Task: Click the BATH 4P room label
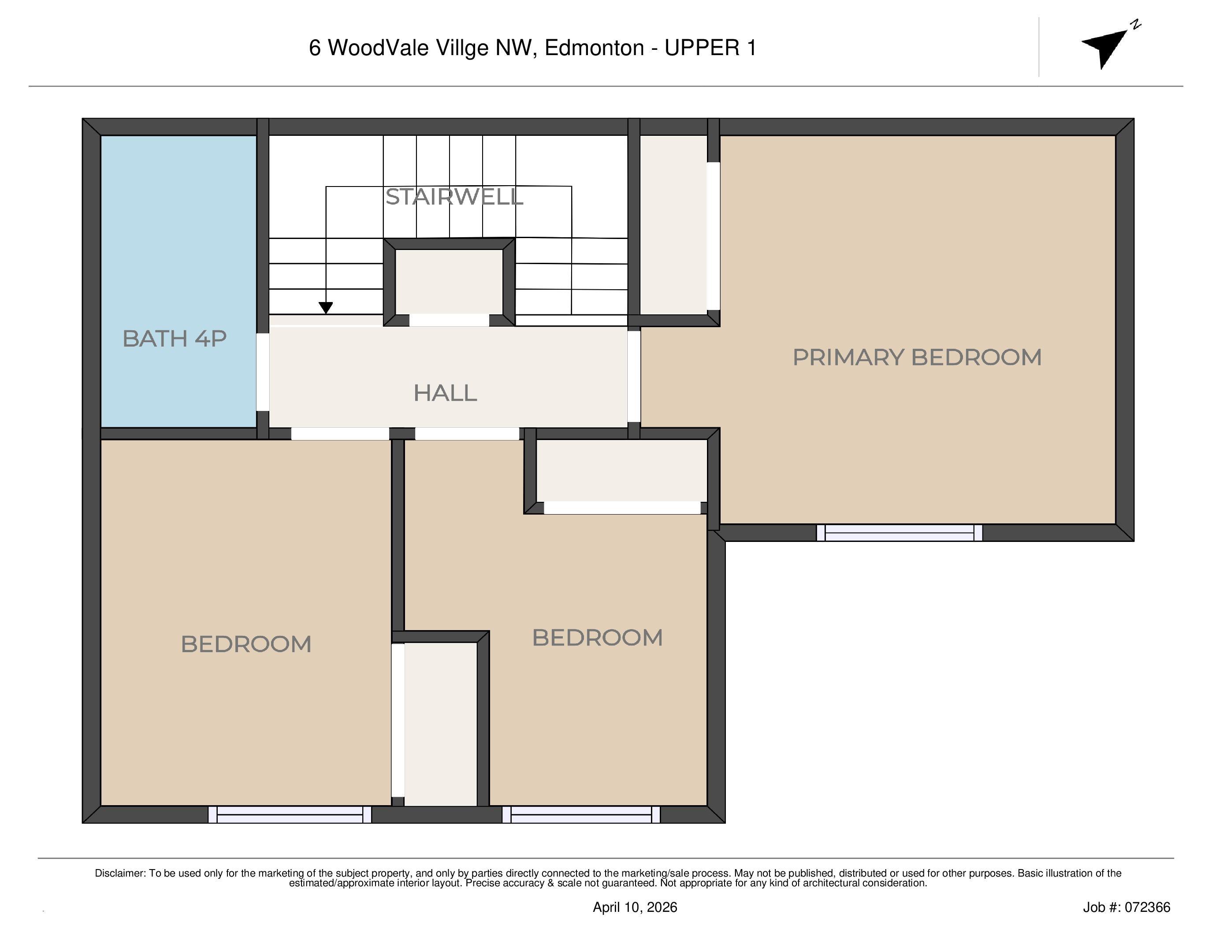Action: click(x=174, y=339)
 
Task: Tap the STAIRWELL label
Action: click(x=454, y=197)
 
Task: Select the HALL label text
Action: click(x=445, y=393)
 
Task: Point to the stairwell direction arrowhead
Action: click(x=326, y=307)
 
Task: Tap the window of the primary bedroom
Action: click(x=899, y=533)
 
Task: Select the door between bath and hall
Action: click(x=263, y=372)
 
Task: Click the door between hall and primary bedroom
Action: click(x=634, y=377)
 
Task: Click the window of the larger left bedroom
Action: click(x=290, y=815)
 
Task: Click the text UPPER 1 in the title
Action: click(x=710, y=49)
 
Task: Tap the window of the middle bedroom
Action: click(x=581, y=815)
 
